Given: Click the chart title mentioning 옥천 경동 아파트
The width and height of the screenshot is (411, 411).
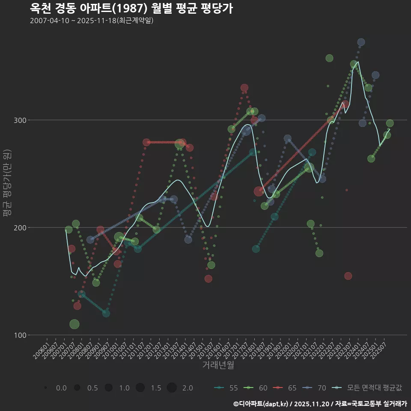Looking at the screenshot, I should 131,9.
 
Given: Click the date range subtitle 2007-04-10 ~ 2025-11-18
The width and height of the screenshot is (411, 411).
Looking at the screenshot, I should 92,21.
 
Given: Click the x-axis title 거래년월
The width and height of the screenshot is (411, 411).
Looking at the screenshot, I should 218,365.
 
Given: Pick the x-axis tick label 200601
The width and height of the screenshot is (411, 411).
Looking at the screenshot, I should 42,348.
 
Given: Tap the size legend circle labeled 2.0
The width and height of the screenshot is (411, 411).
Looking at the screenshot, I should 172,388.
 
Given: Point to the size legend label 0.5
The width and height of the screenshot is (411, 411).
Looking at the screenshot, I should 92,388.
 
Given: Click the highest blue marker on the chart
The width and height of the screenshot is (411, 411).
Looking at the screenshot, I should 361,42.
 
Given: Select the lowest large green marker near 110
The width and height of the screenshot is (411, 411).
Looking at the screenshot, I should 74,324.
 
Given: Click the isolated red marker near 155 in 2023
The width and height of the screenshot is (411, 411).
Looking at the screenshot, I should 348,276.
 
